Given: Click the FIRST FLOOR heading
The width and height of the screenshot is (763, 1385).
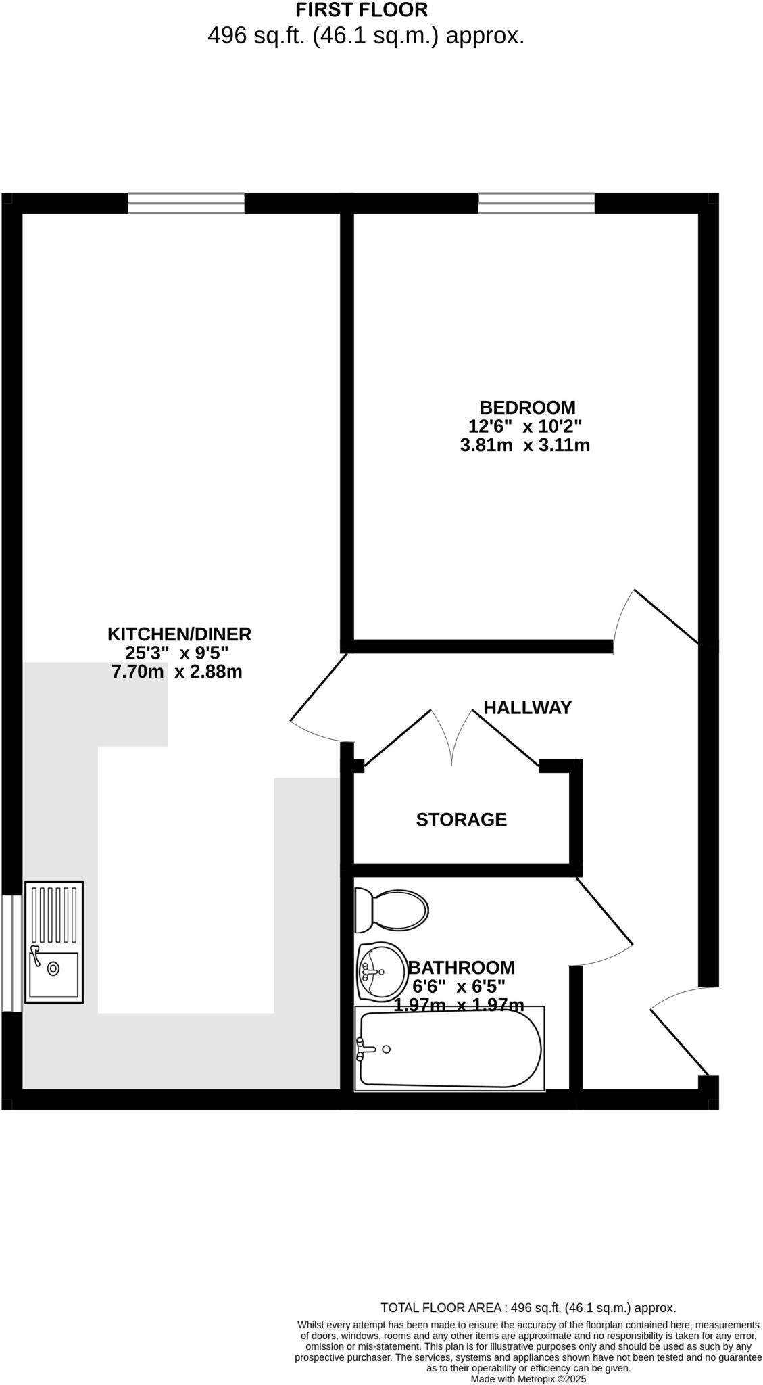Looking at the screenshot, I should pos(362,10).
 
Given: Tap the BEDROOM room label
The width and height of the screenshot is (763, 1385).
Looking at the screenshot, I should pos(527,408).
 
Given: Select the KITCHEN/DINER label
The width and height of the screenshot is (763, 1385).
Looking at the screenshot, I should pos(179,634).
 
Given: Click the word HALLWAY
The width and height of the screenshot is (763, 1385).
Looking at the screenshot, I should pos(527,707).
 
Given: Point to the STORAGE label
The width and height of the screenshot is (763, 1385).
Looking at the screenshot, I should pos(461,820).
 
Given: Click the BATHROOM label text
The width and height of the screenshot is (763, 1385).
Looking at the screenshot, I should pos(461,968).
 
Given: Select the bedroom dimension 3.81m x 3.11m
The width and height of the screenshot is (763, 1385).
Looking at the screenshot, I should pos(524,446).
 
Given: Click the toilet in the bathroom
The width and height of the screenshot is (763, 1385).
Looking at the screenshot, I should pos(392,910).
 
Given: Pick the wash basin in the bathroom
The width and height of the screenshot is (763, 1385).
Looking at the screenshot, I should pos(382,972).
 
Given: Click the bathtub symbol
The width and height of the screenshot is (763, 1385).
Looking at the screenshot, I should pos(449,1049).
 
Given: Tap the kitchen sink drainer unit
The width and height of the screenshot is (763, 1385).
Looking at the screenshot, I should pos(54,942).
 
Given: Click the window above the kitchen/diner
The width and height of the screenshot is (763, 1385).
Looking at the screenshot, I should pos(186,203).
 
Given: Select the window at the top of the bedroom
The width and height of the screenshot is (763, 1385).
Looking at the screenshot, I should pos(536,203).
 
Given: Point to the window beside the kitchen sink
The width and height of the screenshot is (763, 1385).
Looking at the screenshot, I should pos(11,953).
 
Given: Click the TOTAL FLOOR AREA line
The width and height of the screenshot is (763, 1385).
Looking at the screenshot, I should pos(528,1308).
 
